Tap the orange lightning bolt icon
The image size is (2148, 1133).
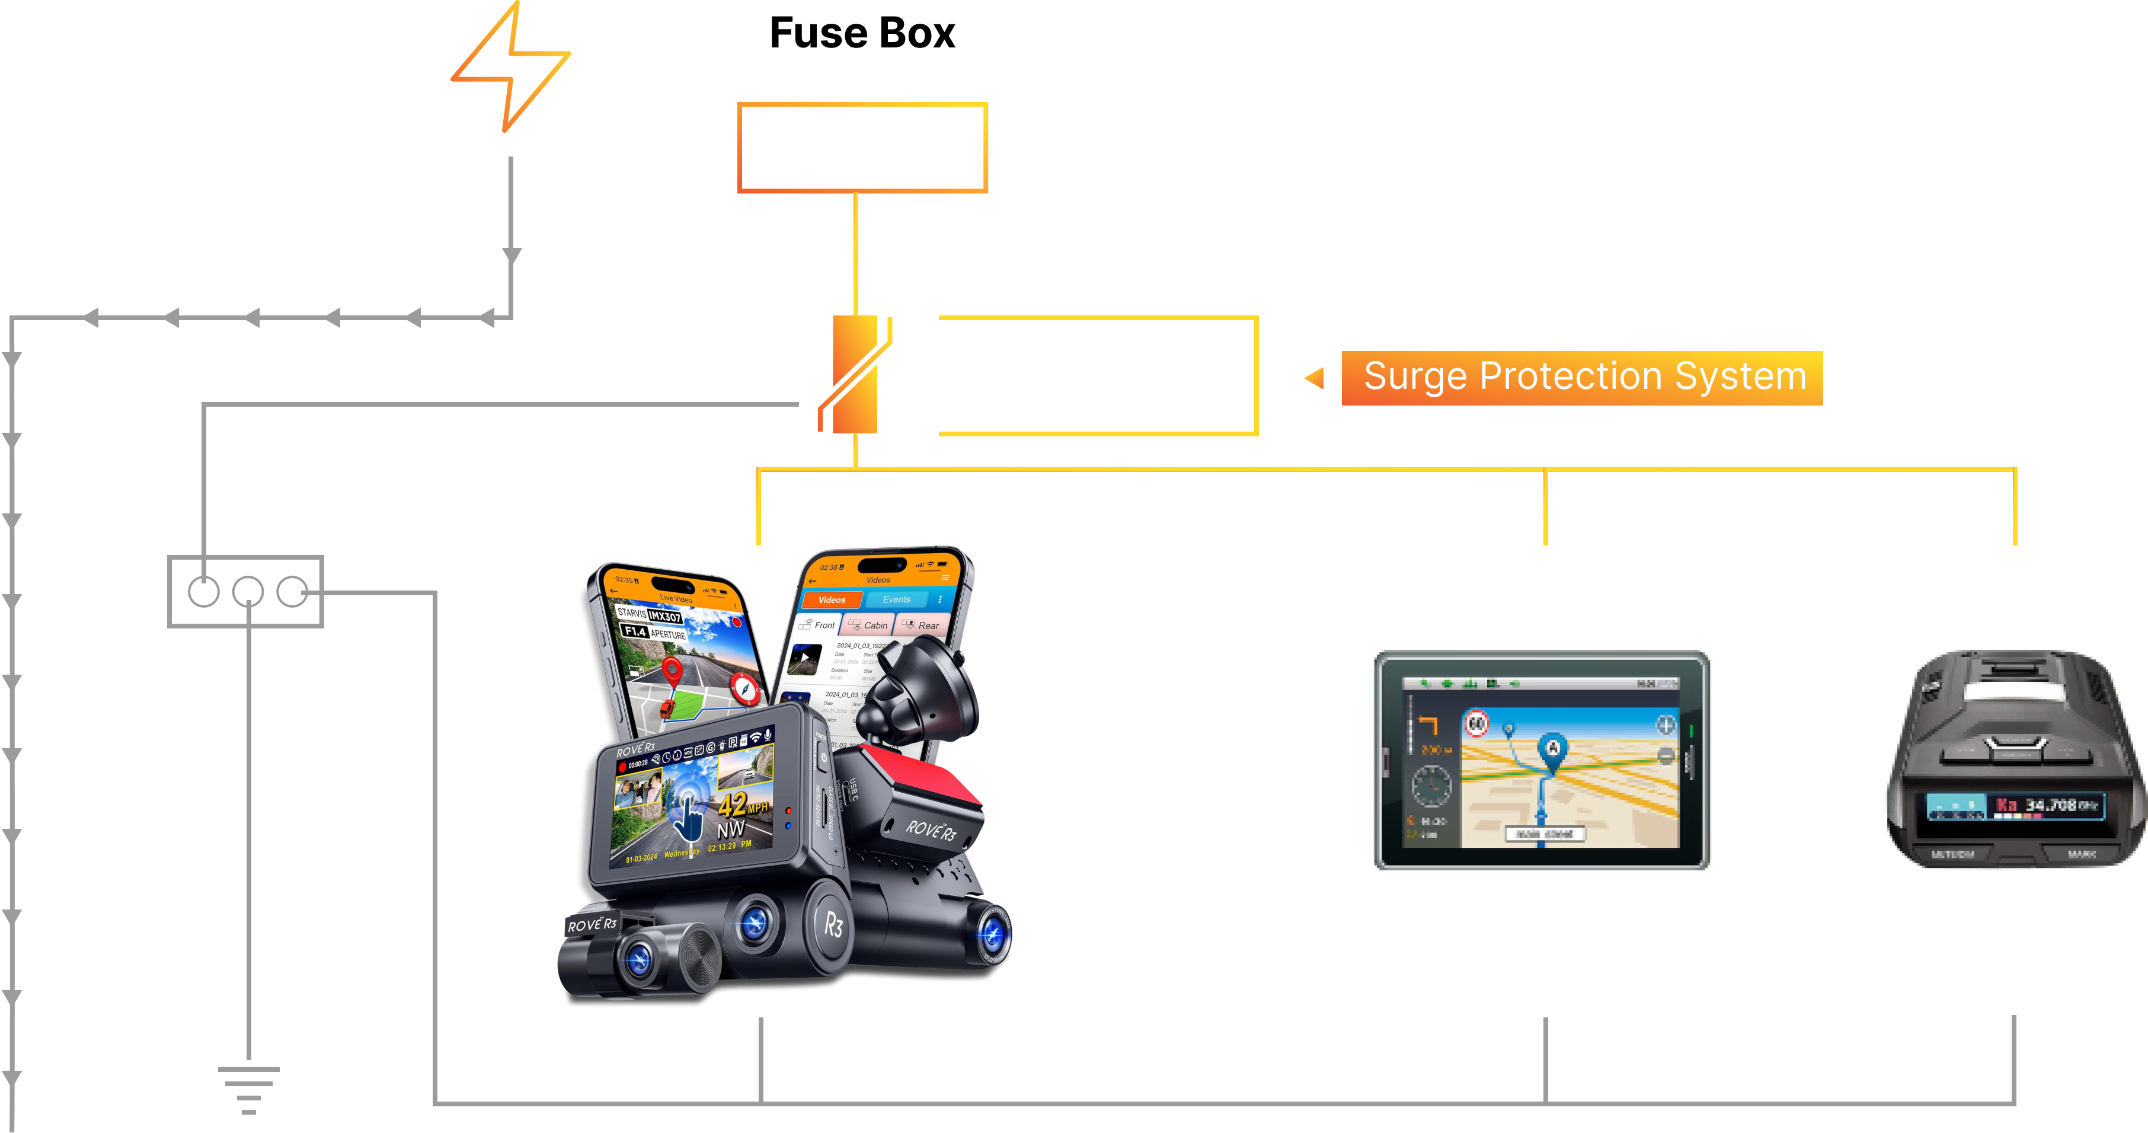tap(511, 67)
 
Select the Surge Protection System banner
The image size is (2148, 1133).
tap(1582, 377)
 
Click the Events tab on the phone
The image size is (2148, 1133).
tap(896, 599)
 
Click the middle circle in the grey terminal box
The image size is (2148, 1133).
tap(248, 592)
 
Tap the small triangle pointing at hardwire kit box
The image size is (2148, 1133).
tap(1315, 378)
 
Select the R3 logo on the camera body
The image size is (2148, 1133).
tap(833, 924)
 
